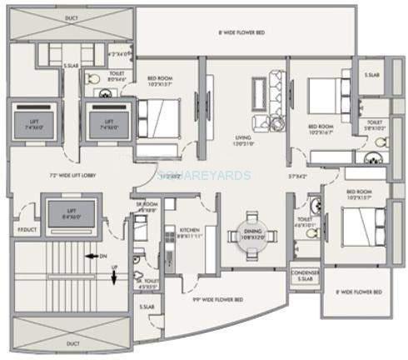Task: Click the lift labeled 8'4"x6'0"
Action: point(67,212)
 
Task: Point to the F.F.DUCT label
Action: point(22,229)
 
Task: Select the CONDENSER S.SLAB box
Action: point(304,277)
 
